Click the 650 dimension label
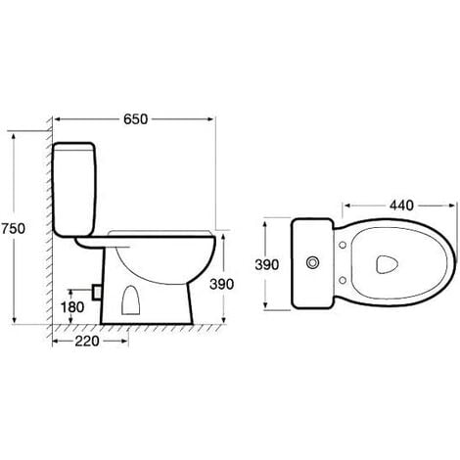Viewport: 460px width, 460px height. click(135, 119)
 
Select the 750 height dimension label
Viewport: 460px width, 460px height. click(14, 228)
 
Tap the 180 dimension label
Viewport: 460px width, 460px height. click(72, 307)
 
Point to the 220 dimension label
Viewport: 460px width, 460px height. click(87, 342)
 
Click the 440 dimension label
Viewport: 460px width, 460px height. click(401, 206)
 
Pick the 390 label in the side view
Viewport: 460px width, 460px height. click(221, 284)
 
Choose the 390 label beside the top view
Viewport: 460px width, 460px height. click(267, 264)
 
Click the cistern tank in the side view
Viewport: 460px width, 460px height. click(74, 189)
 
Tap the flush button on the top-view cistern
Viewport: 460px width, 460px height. click(312, 262)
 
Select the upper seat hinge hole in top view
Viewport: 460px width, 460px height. click(343, 245)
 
